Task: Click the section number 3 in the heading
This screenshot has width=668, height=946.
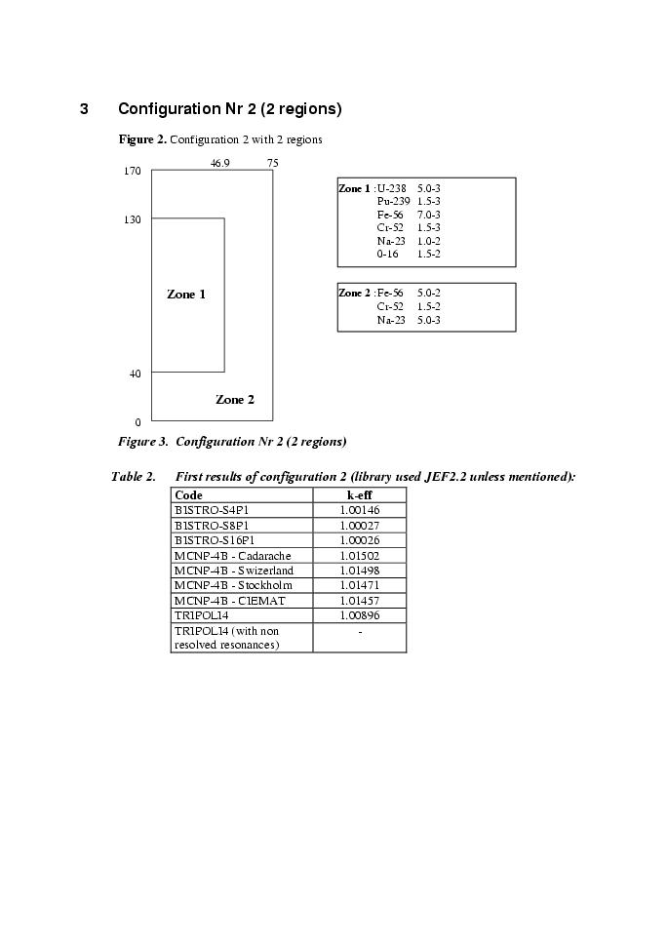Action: tap(85, 109)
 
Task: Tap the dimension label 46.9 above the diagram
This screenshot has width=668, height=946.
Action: tap(220, 163)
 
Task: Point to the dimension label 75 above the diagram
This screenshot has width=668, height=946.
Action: tap(273, 163)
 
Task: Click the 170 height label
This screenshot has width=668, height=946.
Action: tap(132, 172)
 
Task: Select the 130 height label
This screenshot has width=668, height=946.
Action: tap(132, 220)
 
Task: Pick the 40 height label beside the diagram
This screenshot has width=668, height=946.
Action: tap(135, 374)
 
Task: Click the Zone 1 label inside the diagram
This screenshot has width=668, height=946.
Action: tap(186, 295)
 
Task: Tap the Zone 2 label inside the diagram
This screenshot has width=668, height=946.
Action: tap(235, 400)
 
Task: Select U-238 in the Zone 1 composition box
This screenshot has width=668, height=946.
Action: tap(392, 188)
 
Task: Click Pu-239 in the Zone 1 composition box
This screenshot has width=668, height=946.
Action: tap(394, 201)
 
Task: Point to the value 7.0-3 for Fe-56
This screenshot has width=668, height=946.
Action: tap(429, 215)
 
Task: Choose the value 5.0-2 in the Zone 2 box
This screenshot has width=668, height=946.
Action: tap(429, 293)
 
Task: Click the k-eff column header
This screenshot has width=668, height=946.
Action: tap(360, 495)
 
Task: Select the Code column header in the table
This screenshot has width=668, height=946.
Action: tap(188, 495)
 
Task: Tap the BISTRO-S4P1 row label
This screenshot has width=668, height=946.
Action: tap(212, 510)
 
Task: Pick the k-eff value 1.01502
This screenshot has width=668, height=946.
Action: tap(360, 556)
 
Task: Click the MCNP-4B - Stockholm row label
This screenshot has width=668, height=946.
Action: tap(233, 585)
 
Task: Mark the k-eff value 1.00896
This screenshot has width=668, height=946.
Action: tap(360, 615)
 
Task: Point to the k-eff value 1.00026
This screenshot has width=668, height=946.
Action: tap(360, 540)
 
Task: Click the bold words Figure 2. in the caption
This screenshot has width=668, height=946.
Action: tap(142, 139)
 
